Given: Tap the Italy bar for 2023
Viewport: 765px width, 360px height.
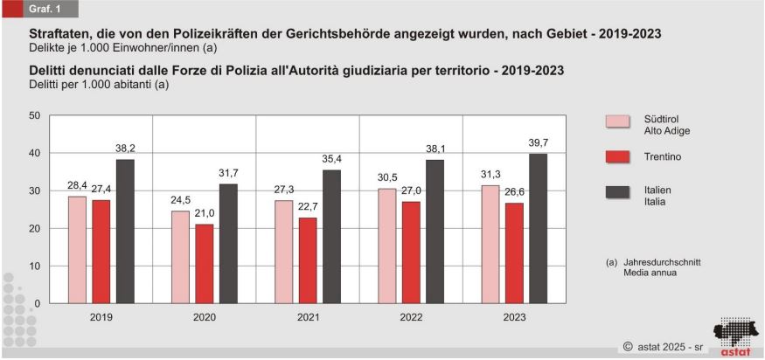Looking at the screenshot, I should pyautogui.click(x=538, y=229).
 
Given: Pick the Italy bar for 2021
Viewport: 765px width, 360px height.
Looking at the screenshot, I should pyautogui.click(x=331, y=237).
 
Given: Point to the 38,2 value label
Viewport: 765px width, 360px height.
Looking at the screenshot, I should pyautogui.click(x=125, y=149).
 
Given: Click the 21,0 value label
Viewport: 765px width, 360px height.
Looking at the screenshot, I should pyautogui.click(x=205, y=213).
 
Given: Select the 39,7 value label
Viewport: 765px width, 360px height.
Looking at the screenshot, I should pyautogui.click(x=538, y=142).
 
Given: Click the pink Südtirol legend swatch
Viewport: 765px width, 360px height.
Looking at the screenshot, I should pyautogui.click(x=618, y=122).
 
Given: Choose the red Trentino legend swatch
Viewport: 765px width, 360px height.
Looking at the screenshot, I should pyautogui.click(x=618, y=156).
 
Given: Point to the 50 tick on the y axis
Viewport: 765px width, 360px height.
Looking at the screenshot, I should pyautogui.click(x=34, y=115).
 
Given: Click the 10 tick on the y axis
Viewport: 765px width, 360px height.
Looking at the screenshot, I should pyautogui.click(x=34, y=266).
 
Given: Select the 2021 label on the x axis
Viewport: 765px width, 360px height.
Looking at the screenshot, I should pyautogui.click(x=308, y=317).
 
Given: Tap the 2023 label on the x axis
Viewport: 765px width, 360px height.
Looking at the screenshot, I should pyautogui.click(x=514, y=317).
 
